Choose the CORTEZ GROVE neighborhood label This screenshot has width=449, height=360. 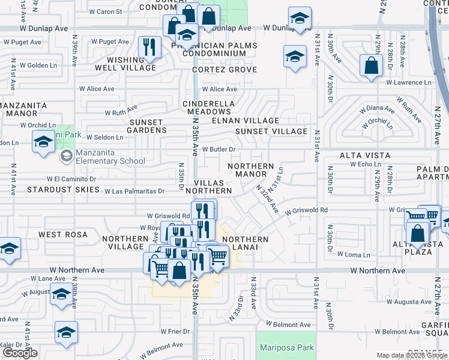[x=224, y=70]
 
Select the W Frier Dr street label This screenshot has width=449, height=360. [x=175, y=331]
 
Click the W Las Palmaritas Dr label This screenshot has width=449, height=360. [x=134, y=191]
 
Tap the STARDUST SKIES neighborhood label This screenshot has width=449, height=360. [x=62, y=190]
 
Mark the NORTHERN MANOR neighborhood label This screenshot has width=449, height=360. [x=251, y=170]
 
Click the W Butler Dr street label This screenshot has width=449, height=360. [x=218, y=149]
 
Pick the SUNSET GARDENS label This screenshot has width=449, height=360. [x=139, y=125]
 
